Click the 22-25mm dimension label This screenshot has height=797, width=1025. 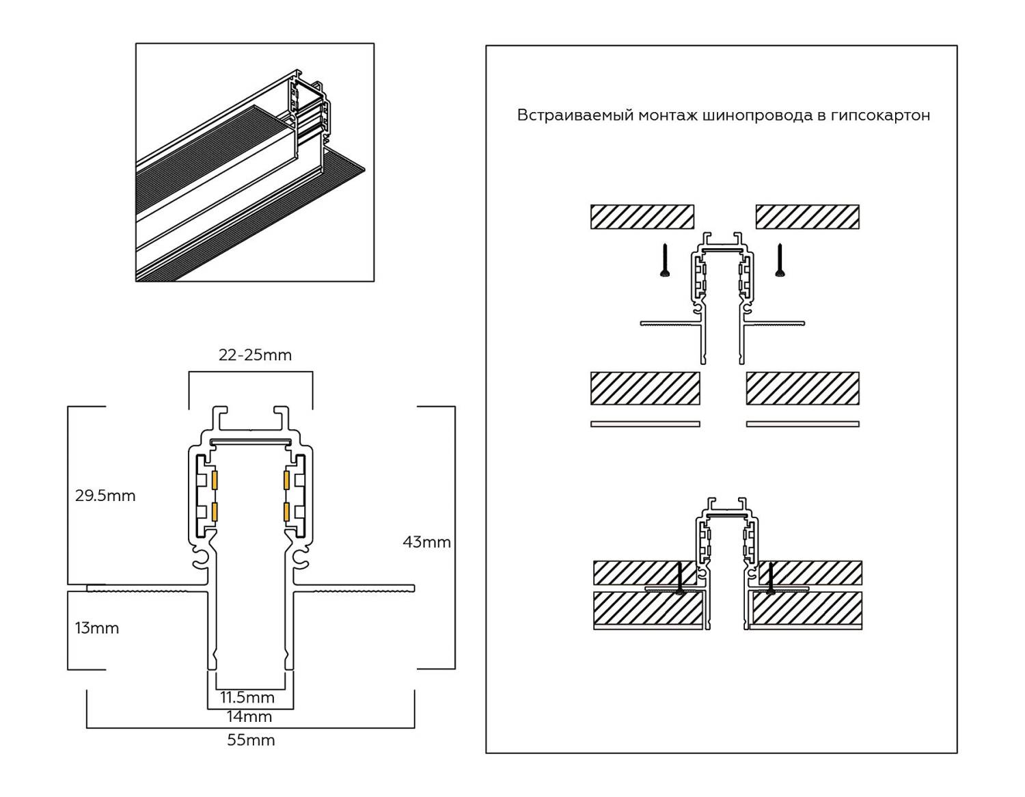[255, 355]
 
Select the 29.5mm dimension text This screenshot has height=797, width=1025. [105, 496]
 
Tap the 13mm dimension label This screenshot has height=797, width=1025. [97, 628]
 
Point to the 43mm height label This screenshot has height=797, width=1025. [426, 542]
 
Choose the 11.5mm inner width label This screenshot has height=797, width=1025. [247, 697]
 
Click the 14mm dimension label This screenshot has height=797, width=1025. [249, 716]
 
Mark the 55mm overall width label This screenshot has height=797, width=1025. [251, 740]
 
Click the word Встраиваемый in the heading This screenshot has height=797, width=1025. [575, 116]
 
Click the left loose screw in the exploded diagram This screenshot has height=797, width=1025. [664, 261]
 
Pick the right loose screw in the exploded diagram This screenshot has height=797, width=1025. [780, 261]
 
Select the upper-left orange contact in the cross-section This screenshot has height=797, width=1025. [215, 480]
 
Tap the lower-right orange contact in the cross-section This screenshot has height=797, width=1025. [287, 511]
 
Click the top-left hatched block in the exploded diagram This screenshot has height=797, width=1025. [642, 217]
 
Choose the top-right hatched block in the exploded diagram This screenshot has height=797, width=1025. [807, 217]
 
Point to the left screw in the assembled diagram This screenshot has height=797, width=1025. [679, 578]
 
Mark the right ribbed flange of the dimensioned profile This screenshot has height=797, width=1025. [355, 588]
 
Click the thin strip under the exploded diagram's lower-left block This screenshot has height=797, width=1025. [645, 424]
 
